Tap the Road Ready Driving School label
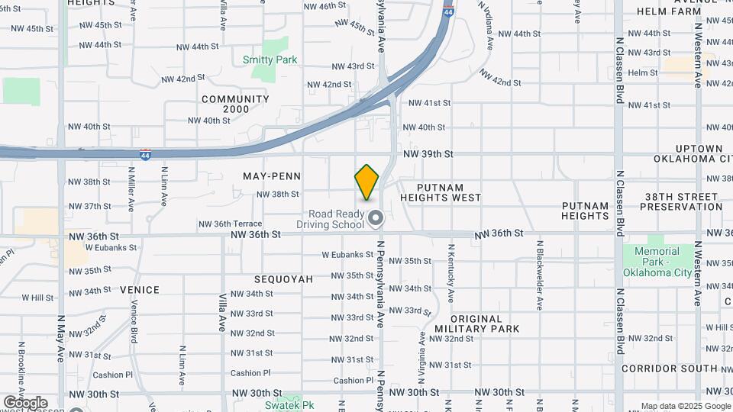tap(337, 220)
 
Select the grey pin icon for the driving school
tap(376, 220)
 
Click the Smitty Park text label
tap(270, 60)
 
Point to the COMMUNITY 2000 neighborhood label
tap(235, 105)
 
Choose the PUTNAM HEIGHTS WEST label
tap(450, 192)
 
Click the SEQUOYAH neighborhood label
tap(283, 279)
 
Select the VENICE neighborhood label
tap(140, 290)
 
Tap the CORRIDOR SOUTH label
tap(670, 368)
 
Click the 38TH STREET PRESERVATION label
tap(683, 201)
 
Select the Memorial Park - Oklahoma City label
tap(657, 262)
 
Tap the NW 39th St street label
tap(428, 154)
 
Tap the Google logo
tap(25, 403)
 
